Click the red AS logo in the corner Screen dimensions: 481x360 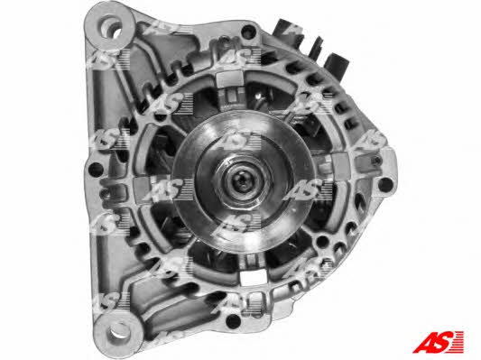coord(438,342)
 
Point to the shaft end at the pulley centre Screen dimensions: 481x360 coord(243,181)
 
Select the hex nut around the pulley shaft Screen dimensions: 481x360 coord(242,181)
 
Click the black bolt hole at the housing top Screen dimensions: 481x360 coord(248,31)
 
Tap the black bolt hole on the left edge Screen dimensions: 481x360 coord(96,170)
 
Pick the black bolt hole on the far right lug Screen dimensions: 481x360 coord(385,185)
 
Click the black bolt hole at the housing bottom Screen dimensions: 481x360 coord(233,321)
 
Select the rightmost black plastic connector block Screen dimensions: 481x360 coord(338,65)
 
